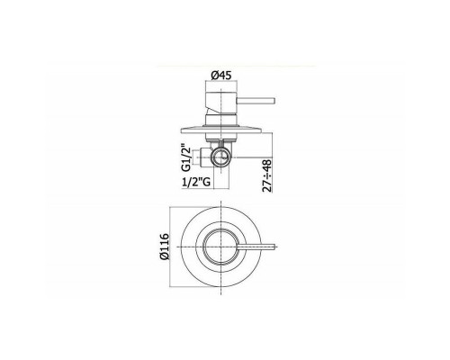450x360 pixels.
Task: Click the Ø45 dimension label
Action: coord(221,75)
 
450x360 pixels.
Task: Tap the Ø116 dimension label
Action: coord(165,247)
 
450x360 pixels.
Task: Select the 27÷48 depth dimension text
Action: coord(267,175)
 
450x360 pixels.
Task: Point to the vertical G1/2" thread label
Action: coord(186,158)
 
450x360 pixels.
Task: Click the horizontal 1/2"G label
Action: coord(195,183)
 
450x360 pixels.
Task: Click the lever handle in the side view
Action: coord(256,101)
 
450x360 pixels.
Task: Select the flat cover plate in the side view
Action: coord(221,130)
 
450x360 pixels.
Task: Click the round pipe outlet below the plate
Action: coord(221,156)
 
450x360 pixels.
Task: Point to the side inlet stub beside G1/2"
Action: coord(203,157)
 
